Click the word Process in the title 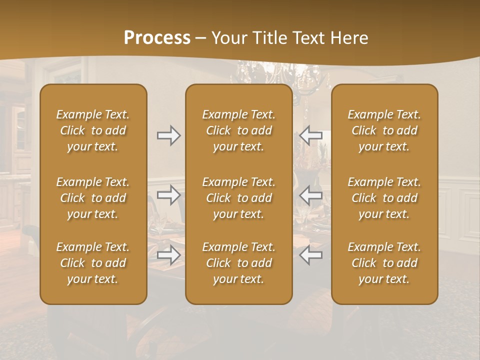(x=157, y=38)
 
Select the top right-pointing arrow (x=169, y=135)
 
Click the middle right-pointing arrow (x=169, y=195)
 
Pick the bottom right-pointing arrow (x=169, y=255)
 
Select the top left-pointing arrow (x=311, y=135)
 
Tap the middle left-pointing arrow (x=311, y=195)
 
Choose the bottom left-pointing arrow (x=311, y=255)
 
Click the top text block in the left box (x=93, y=130)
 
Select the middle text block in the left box (x=93, y=198)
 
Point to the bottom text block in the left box (x=93, y=263)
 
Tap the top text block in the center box (x=239, y=130)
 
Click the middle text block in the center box (x=239, y=198)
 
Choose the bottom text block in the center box (x=239, y=263)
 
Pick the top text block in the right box (x=384, y=130)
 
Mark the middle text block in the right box (x=384, y=198)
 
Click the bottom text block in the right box (x=384, y=263)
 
